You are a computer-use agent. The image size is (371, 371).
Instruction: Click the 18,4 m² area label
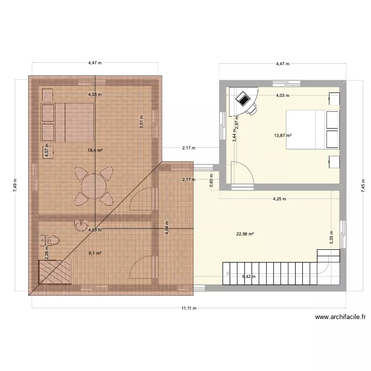[95, 150]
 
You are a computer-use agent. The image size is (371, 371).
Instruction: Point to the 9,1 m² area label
[95, 253]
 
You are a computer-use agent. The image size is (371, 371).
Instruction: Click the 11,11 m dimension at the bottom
[188, 308]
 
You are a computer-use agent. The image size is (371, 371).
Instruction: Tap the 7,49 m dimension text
[15, 187]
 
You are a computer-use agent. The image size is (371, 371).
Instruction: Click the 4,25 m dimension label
[280, 199]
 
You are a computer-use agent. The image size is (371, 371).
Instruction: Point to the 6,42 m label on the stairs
[249, 277]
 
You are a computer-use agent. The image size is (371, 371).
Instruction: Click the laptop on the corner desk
[243, 99]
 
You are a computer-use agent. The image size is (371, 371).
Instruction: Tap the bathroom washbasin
[79, 225]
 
